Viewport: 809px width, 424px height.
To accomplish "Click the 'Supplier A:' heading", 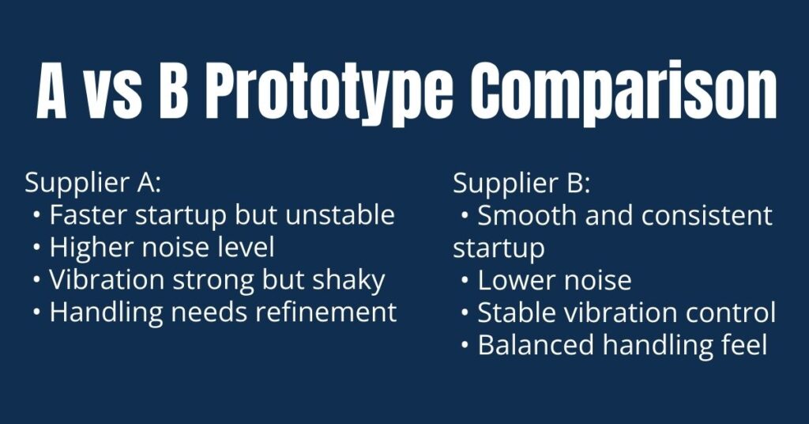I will click(x=93, y=183).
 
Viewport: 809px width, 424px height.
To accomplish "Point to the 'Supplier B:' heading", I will click(x=521, y=183).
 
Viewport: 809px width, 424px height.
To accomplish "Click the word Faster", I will click(x=87, y=215).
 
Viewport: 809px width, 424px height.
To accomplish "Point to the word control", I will click(x=728, y=312).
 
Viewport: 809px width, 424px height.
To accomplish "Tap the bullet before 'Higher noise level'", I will click(x=37, y=248).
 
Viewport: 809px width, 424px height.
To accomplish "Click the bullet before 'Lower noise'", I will click(x=465, y=281).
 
